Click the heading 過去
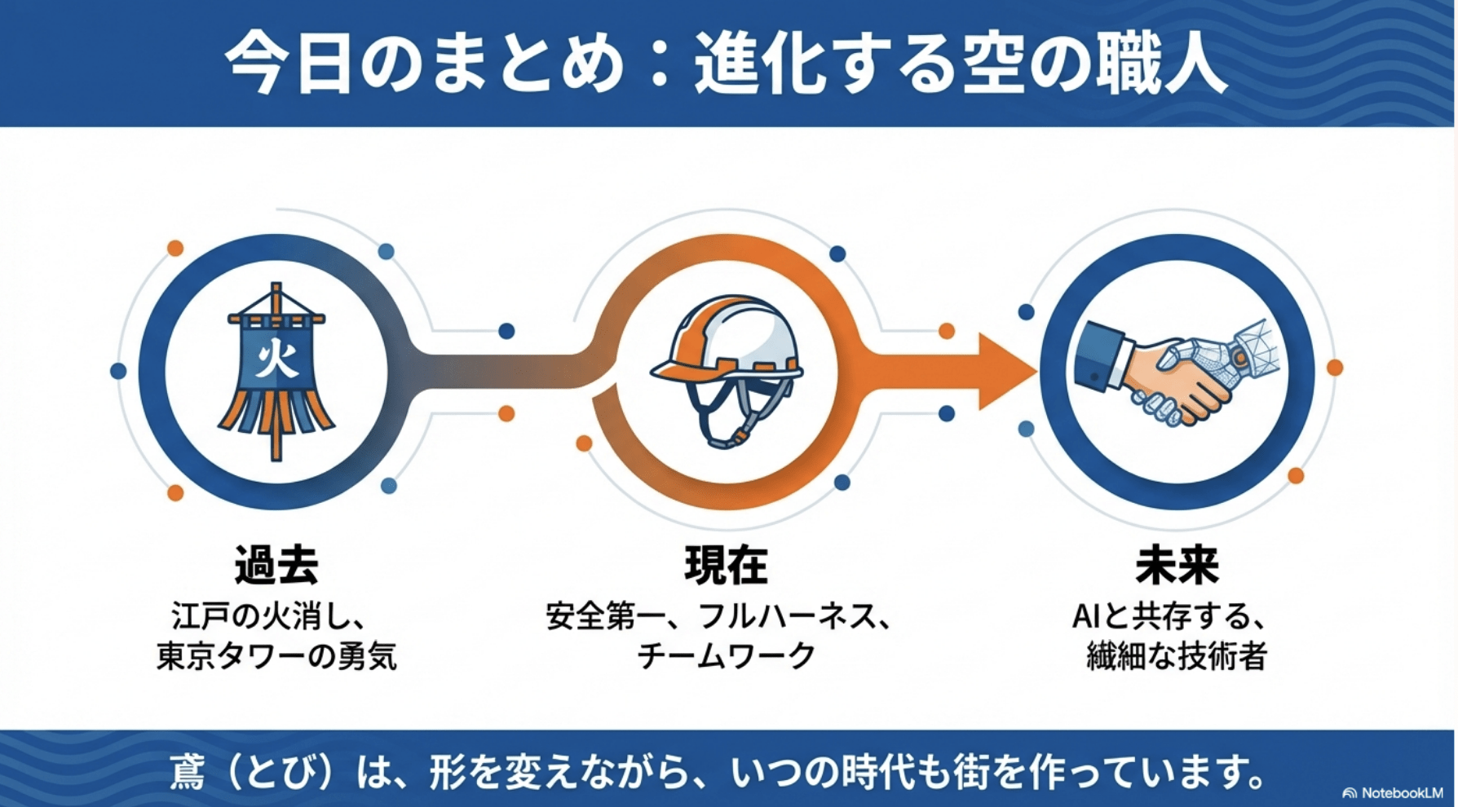click(x=276, y=565)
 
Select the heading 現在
click(x=726, y=565)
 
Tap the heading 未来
click(x=1177, y=565)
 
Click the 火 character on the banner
click(x=276, y=357)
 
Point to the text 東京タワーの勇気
click(x=276, y=657)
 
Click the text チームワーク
click(x=726, y=657)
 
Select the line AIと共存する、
click(x=1169, y=617)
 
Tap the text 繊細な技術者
click(x=1177, y=657)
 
